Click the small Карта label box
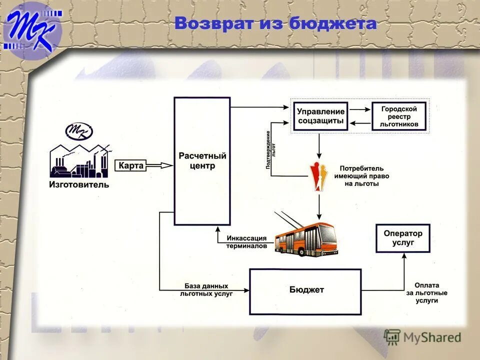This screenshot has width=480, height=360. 131,165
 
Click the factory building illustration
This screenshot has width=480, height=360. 79,161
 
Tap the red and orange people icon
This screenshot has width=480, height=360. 318,176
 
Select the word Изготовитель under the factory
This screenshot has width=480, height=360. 78,185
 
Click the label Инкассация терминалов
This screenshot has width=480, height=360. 246,242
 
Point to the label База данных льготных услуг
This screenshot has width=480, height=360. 206,290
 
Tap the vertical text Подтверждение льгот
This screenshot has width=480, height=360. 270,150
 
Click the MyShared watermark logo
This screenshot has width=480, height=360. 422,337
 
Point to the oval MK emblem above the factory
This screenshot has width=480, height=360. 79,131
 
